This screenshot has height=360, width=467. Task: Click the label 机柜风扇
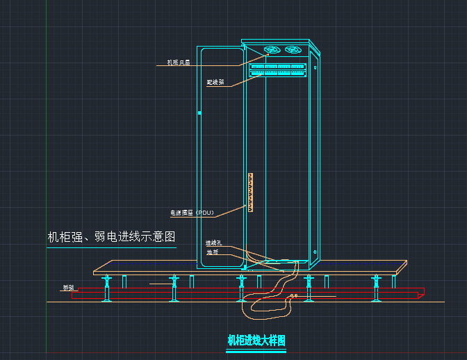pyautogui.click(x=178, y=63)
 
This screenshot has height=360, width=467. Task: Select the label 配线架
pyautogui.click(x=215, y=82)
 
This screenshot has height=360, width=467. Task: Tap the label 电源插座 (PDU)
pyautogui.click(x=192, y=212)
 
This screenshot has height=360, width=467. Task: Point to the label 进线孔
pyautogui.click(x=213, y=243)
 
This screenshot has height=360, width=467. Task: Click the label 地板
pyautogui.click(x=212, y=252)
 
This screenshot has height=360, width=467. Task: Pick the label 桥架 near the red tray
pyautogui.click(x=68, y=287)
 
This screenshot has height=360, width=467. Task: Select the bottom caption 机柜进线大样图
pyautogui.click(x=256, y=341)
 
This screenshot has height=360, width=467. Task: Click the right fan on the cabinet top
pyautogui.click(x=294, y=50)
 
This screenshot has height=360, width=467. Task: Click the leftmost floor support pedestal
pyautogui.click(x=108, y=288)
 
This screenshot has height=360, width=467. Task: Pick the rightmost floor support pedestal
pyautogui.click(x=377, y=288)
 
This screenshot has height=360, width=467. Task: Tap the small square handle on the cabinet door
pyautogui.click(x=199, y=112)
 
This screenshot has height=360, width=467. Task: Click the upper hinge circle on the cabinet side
pyautogui.click(x=315, y=67)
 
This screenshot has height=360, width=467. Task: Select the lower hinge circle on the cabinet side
pyautogui.click(x=315, y=252)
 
